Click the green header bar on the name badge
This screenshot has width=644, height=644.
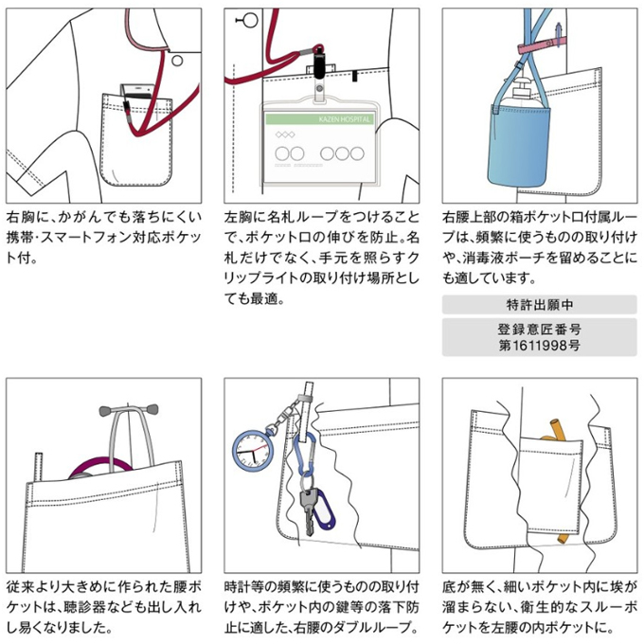pos(319,120)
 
